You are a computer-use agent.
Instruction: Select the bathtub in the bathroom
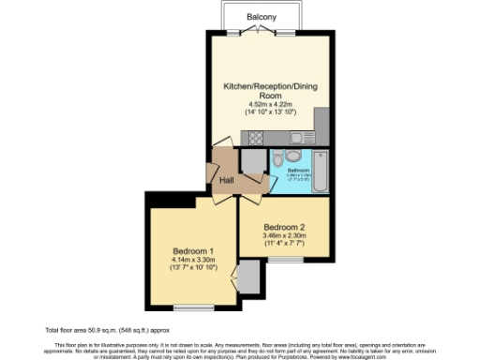(319, 170)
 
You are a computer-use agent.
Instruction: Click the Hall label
(226, 181)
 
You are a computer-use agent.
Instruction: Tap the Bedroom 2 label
(284, 228)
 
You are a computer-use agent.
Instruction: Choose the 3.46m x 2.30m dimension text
(284, 238)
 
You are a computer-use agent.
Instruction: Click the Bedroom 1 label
(194, 250)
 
